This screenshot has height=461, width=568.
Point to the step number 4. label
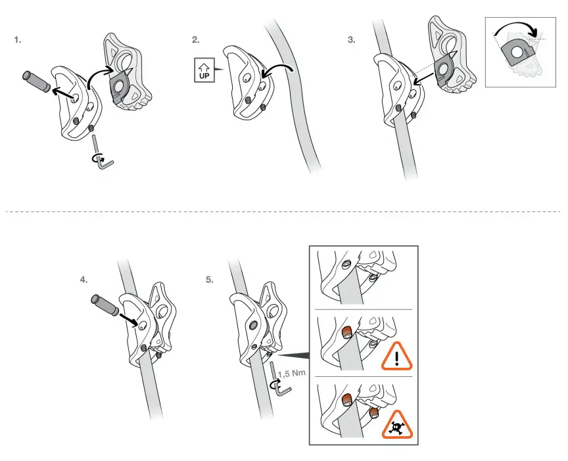coord(83,280)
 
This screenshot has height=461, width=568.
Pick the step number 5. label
coord(210,280)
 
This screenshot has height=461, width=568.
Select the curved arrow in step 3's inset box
coord(519,29)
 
